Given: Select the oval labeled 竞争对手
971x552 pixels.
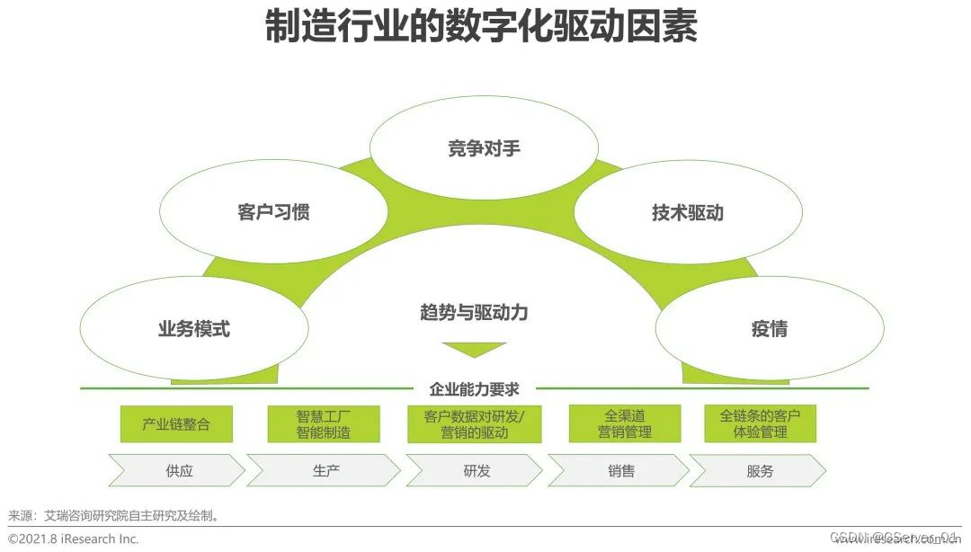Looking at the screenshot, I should pos(484,148).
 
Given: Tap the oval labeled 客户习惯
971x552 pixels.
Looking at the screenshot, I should pos(273,213).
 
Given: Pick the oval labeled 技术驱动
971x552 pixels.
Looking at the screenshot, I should pos(687,213).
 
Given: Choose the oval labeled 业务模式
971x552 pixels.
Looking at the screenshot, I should pos(193,329).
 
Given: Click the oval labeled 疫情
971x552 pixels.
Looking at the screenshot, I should pos(769,329).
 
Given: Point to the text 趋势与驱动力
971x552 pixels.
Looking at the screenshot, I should pos(474,313).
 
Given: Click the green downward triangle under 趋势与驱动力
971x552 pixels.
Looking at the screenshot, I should pos(474,349).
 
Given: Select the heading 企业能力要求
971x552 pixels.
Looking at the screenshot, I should pos(474,389).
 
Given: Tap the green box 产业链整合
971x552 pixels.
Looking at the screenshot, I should pos(176,424).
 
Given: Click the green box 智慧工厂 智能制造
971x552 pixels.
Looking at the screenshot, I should pos(324,424).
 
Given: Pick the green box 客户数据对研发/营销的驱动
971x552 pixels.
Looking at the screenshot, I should pos(475,424).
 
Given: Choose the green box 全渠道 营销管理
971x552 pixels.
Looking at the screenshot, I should pos(624,424).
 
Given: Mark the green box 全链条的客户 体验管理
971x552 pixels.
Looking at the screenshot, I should pos(760,424).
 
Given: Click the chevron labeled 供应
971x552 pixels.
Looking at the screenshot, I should pos(178,470).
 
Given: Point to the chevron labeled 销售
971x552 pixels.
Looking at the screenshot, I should pos(619,470).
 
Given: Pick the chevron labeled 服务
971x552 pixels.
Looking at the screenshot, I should pos(759,470).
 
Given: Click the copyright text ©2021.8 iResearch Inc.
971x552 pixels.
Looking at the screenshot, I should pos(74,539).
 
